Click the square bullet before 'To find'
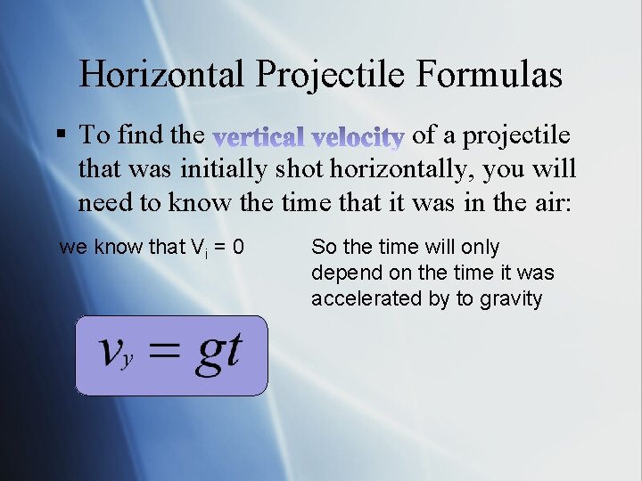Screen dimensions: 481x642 [x=61, y=135]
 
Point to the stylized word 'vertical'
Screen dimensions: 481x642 [x=258, y=136]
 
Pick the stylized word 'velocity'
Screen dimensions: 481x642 [x=360, y=136]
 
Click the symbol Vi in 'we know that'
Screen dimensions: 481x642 [x=199, y=248]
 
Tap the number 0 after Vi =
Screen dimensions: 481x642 [x=238, y=247]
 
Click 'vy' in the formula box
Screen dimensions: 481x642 [x=116, y=354]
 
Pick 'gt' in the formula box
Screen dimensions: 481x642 [x=218, y=352]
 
